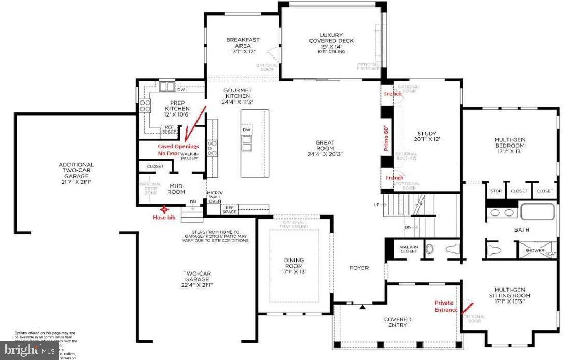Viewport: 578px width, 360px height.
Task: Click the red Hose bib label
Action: [163, 218]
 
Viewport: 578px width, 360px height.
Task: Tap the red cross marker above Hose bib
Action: [164, 210]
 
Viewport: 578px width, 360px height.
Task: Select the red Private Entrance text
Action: [446, 306]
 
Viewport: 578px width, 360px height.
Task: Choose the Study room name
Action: [426, 136]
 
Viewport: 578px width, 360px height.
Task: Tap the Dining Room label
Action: [294, 266]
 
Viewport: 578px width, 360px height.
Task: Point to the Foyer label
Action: [359, 268]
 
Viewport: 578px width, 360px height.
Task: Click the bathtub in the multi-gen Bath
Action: [537, 212]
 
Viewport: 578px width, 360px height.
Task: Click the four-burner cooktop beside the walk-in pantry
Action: [212, 148]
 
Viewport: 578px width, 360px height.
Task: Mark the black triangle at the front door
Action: [363, 308]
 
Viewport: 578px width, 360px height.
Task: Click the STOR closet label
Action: [496, 191]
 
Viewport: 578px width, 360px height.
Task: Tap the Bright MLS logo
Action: [29, 351]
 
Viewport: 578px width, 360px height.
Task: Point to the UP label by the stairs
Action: [377, 205]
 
